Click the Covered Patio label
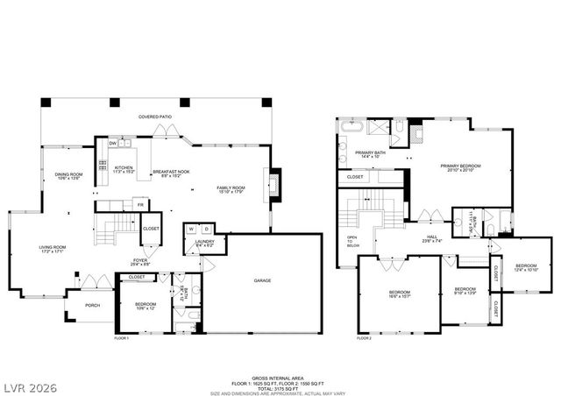coord(155,117)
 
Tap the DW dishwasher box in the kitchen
coord(112,143)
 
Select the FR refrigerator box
coord(138,205)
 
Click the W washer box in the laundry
coord(189,230)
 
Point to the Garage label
coord(261,280)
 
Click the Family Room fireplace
coord(274,183)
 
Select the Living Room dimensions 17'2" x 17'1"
coord(53,252)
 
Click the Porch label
coord(93,306)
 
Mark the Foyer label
coord(139,259)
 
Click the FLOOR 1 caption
coord(121,337)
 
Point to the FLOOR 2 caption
coord(364,337)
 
